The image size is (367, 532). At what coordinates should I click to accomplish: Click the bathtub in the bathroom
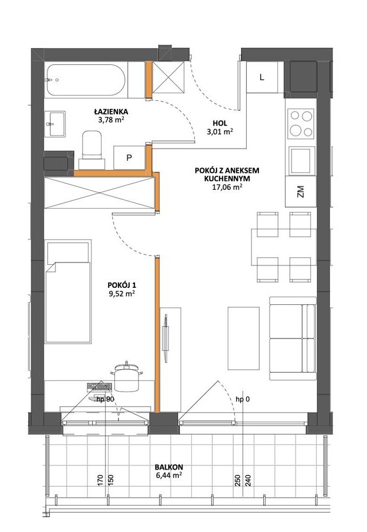[86, 80]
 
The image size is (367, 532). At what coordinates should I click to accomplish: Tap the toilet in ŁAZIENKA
[91, 149]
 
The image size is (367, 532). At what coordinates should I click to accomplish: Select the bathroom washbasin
[55, 124]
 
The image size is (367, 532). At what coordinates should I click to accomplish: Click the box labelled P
[129, 157]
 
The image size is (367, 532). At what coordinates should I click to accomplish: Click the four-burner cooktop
[300, 123]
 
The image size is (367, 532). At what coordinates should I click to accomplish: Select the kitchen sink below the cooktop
[302, 160]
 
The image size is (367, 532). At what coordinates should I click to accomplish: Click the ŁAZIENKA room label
[111, 111]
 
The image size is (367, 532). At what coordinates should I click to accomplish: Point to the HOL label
[220, 123]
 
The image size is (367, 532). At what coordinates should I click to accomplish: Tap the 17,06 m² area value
[227, 186]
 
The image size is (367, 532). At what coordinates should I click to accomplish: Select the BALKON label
[169, 467]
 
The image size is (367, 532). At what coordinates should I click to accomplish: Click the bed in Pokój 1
[68, 291]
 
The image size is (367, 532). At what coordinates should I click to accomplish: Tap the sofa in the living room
[293, 339]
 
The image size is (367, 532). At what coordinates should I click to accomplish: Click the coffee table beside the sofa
[244, 339]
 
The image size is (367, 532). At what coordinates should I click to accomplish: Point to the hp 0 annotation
[243, 399]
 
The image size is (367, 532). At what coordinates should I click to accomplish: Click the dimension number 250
[238, 480]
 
